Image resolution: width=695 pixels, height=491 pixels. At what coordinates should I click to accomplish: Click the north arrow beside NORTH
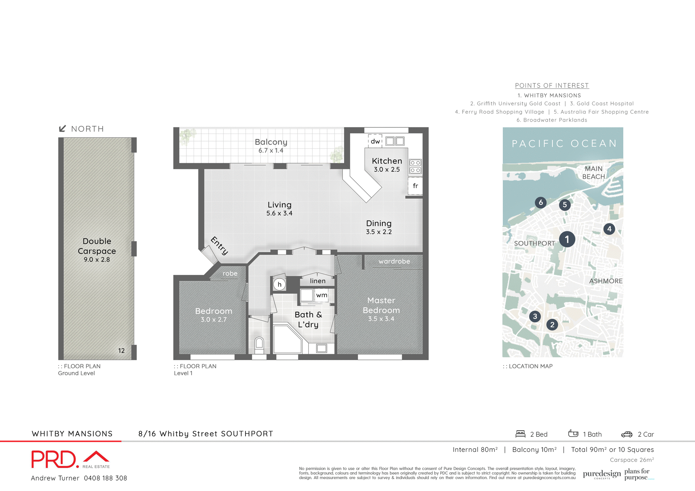coord(62,128)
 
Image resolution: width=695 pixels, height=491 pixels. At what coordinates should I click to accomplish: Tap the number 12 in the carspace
coord(121,351)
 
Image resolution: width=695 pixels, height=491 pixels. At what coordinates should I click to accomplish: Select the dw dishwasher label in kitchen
coord(375,141)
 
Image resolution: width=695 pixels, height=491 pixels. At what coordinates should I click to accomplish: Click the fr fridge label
coord(415,186)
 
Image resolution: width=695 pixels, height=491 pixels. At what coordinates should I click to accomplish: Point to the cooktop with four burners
coord(415,166)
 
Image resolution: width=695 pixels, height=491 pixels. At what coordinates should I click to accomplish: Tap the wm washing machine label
coord(321,295)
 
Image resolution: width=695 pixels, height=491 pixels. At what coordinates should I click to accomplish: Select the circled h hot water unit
coord(279,284)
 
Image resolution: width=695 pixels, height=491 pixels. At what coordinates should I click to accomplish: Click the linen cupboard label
coord(317,281)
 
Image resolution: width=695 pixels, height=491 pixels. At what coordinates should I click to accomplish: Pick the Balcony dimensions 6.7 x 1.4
coord(271,151)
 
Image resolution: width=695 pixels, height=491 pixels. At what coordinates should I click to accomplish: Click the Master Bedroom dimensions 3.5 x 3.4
coord(381,319)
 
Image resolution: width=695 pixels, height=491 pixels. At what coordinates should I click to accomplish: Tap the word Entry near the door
coord(219,245)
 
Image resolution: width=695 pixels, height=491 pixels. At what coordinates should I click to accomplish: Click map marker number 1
coord(567,239)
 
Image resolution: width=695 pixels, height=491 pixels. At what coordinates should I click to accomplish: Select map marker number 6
coord(540,202)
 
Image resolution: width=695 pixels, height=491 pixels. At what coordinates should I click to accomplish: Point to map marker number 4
coord(609,229)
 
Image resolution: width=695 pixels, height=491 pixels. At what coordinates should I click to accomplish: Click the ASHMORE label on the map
coord(606,281)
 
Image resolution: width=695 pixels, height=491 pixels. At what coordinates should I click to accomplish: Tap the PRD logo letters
coord(54,460)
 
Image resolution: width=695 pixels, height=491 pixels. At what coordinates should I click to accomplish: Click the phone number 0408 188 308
coord(105,478)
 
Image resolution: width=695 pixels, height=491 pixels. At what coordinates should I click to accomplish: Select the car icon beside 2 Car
coord(627,434)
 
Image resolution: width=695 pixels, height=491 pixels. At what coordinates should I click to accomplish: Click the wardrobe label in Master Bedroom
coord(394,261)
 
